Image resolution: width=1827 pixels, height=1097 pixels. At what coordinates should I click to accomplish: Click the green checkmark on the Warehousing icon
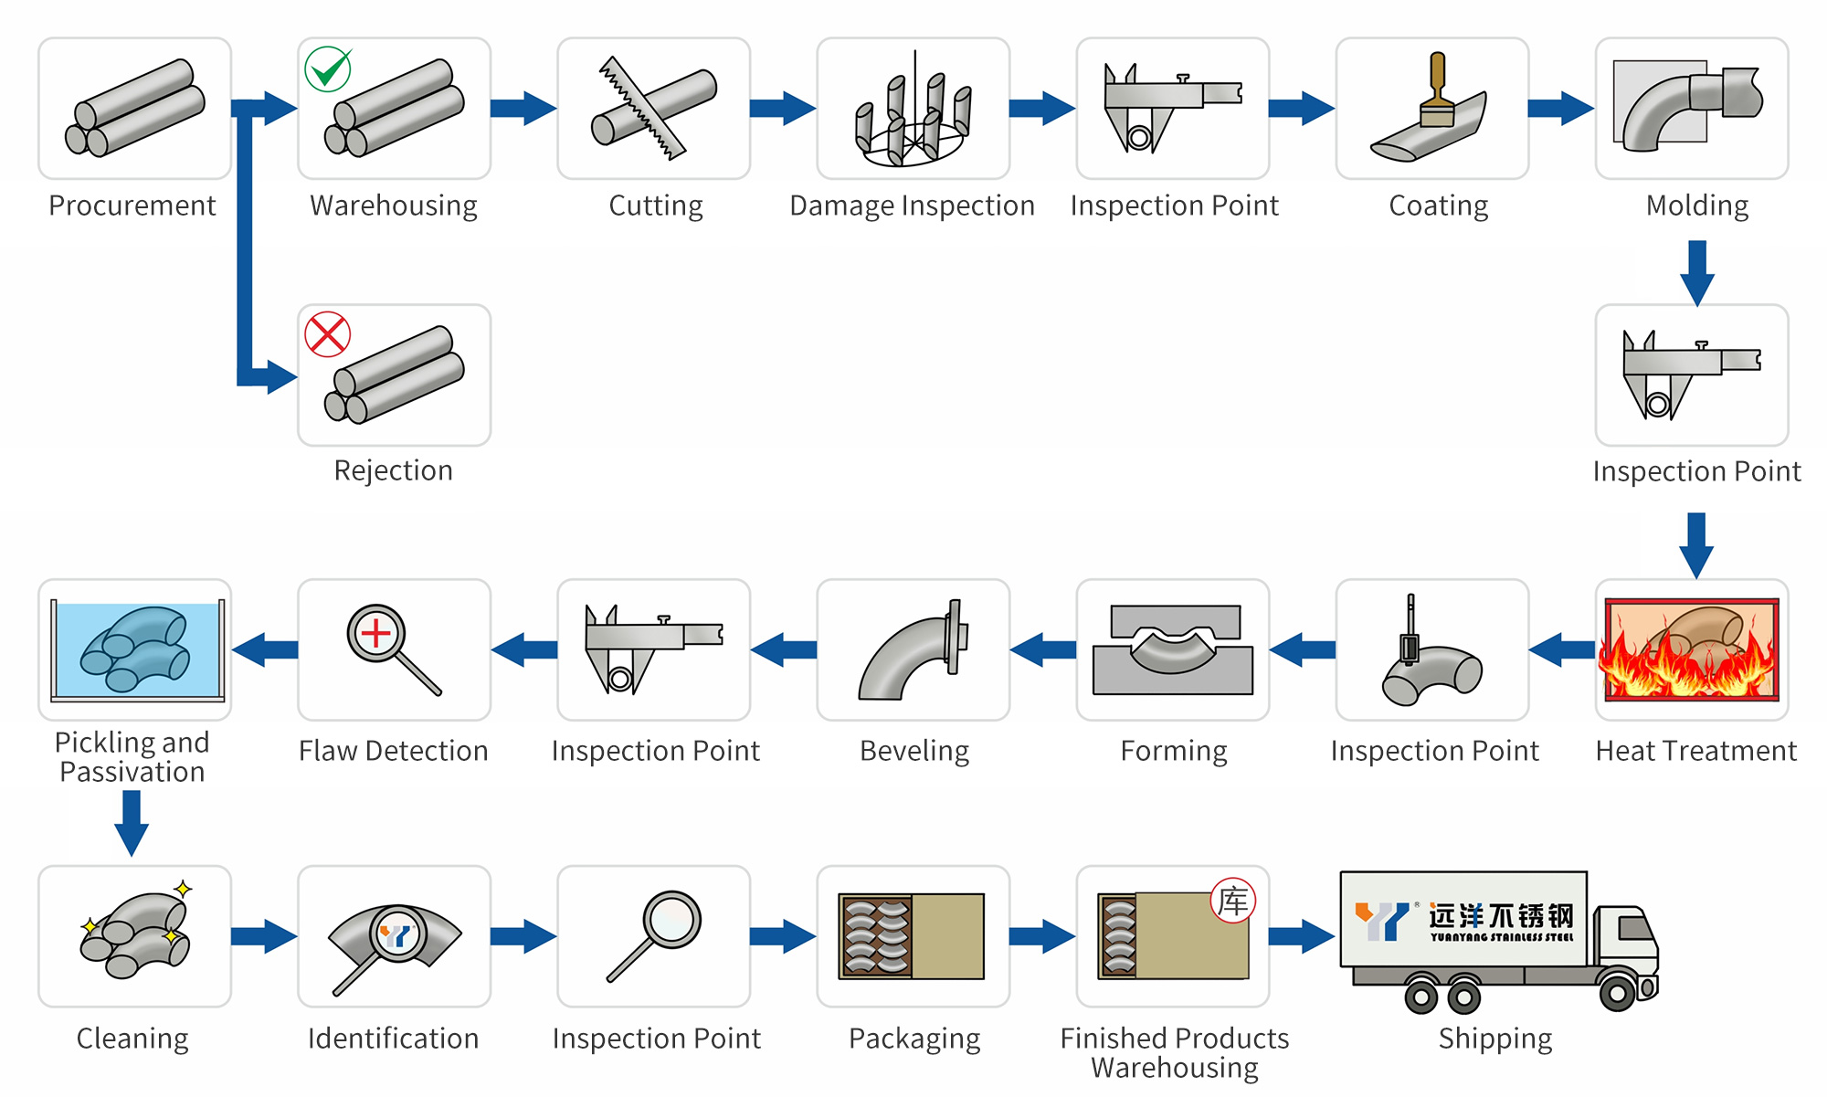328,69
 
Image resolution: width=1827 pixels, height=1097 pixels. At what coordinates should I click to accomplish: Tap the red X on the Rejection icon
328,334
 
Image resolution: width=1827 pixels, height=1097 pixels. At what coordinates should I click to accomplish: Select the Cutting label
656,206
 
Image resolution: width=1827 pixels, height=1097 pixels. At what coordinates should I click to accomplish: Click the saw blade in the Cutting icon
641,107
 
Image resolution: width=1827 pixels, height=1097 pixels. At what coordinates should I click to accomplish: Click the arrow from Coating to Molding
1560,108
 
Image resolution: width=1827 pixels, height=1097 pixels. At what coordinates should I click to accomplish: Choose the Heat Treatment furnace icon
1692,649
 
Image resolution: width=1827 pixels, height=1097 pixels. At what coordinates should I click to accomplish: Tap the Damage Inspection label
912,206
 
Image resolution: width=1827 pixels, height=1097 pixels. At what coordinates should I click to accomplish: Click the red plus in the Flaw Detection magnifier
375,633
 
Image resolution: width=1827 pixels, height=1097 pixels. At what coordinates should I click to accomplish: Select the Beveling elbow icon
912,650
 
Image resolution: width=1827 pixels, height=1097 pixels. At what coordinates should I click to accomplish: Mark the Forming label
1174,751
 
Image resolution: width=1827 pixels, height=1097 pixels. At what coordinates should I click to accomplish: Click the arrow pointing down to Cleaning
132,822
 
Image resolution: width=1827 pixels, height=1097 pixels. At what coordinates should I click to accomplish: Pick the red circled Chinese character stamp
1233,901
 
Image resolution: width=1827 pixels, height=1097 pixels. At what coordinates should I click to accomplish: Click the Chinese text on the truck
1502,915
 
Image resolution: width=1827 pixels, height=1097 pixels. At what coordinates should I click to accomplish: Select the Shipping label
1495,1039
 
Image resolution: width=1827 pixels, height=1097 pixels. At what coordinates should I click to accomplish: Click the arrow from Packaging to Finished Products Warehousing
1042,936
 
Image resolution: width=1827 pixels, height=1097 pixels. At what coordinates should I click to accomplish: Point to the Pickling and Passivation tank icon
135,649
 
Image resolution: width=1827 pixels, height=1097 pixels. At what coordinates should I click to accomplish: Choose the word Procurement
132,206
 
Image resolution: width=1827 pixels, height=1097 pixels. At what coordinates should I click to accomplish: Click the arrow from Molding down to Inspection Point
1696,272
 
